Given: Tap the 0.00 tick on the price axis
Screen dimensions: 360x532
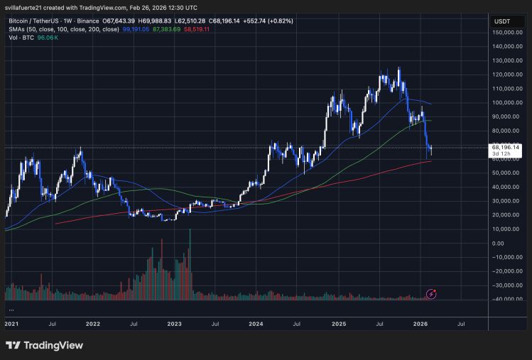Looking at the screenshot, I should [x=516, y=243].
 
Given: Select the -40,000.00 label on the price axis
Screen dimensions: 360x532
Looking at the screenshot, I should [x=508, y=299].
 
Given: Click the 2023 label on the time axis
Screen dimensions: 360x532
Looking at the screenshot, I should [x=174, y=323].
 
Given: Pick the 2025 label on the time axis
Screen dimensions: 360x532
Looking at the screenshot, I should [x=338, y=323].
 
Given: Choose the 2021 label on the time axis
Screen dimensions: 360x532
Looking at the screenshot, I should [x=11, y=323].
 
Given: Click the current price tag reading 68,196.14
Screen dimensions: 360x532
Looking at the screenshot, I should [x=506, y=147].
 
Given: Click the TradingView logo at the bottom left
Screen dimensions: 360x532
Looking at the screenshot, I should [x=45, y=345].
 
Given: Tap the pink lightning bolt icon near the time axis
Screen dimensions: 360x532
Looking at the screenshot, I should [x=430, y=294].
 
